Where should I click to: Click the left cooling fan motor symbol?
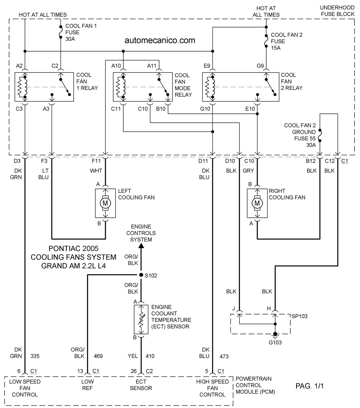click(x=105, y=203)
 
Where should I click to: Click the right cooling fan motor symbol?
click(x=257, y=203)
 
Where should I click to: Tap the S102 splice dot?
click(x=141, y=275)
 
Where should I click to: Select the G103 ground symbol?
click(x=275, y=336)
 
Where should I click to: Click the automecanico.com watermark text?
click(x=160, y=40)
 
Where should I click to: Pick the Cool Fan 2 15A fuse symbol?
click(x=266, y=41)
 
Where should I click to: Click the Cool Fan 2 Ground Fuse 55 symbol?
click(x=320, y=135)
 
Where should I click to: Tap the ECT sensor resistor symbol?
click(x=141, y=319)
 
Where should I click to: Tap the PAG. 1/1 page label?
click(x=309, y=386)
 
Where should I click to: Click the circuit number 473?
click(x=224, y=356)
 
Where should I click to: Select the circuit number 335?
click(x=35, y=356)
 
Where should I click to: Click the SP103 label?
click(x=299, y=316)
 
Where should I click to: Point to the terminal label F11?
click(x=96, y=161)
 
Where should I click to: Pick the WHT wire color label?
click(x=96, y=171)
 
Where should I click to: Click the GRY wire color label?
click(x=248, y=171)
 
